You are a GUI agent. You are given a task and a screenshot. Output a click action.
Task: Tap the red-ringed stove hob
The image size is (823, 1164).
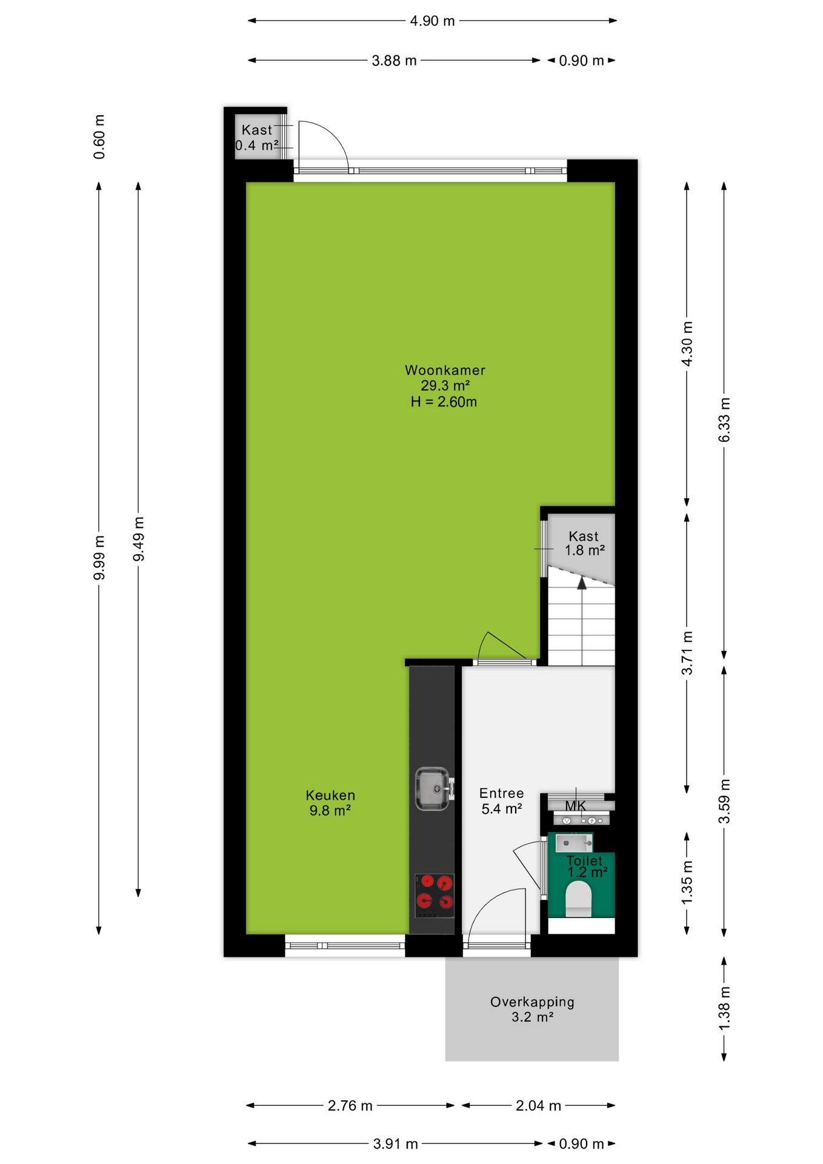tap(435, 895)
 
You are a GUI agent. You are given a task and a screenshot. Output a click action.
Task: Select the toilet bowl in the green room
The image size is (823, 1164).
tap(578, 898)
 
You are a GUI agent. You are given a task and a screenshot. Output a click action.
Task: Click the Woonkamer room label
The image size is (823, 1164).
tap(445, 370)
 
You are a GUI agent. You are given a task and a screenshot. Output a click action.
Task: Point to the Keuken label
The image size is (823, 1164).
tap(330, 795)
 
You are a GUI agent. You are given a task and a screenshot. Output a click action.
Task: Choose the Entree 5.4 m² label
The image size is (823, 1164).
tap(501, 801)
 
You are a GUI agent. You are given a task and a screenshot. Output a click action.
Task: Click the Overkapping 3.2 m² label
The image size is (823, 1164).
tap(532, 1009)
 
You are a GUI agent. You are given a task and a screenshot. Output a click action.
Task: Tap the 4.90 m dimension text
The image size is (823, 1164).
tap(432, 21)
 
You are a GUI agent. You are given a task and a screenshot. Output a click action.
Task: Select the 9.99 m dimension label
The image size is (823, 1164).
tap(99, 558)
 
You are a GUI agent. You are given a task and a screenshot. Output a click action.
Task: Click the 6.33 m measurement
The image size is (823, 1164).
tap(724, 420)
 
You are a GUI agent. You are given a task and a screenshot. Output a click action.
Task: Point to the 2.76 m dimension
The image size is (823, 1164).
tap(350, 1105)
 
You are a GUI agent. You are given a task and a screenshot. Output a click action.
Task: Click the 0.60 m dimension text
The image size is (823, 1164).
tap(99, 136)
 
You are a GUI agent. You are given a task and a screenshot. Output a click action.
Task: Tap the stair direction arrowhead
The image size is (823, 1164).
tap(582, 583)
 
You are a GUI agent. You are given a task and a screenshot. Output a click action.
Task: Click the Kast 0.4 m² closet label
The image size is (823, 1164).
tap(257, 138)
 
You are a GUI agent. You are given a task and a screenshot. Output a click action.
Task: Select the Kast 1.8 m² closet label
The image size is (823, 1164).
tap(584, 543)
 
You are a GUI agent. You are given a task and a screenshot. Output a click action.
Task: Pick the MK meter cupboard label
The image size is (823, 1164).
tap(576, 806)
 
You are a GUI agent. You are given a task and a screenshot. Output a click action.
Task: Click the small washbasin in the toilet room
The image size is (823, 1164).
tap(573, 842)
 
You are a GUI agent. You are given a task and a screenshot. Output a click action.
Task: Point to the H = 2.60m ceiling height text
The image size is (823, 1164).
tap(444, 401)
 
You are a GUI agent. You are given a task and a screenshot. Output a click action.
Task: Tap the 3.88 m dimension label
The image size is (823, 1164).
tap(394, 61)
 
